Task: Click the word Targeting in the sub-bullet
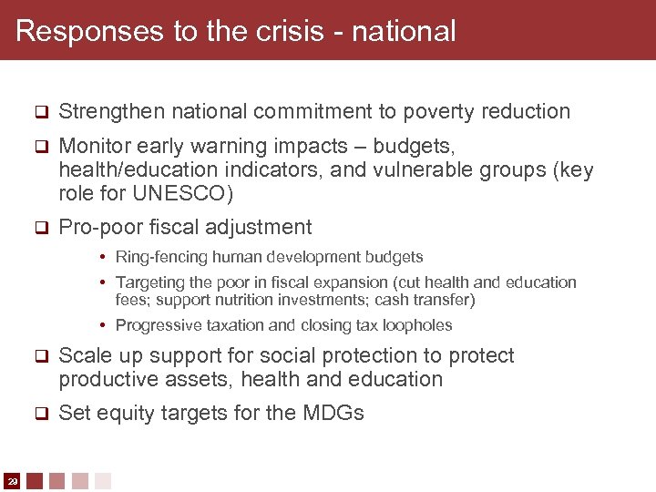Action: (150, 282)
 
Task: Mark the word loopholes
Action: (419, 325)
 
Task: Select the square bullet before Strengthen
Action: (39, 113)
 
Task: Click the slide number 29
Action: (12, 480)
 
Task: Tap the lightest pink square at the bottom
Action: (103, 480)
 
